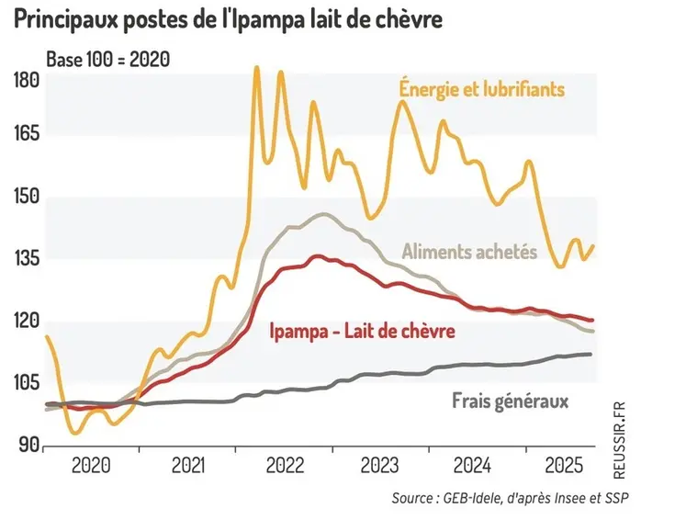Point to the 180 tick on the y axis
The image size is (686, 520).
[x=28, y=81]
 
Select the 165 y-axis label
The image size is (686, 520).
[x=28, y=134]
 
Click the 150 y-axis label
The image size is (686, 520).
[x=28, y=197]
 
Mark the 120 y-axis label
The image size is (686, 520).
[x=28, y=321]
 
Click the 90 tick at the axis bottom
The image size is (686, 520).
[x=28, y=445]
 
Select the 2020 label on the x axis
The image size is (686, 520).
[x=92, y=465]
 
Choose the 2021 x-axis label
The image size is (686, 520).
[x=186, y=465]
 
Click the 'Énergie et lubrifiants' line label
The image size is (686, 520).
[x=481, y=90]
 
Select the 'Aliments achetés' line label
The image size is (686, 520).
[x=469, y=251]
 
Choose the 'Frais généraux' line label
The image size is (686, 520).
[x=511, y=401]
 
